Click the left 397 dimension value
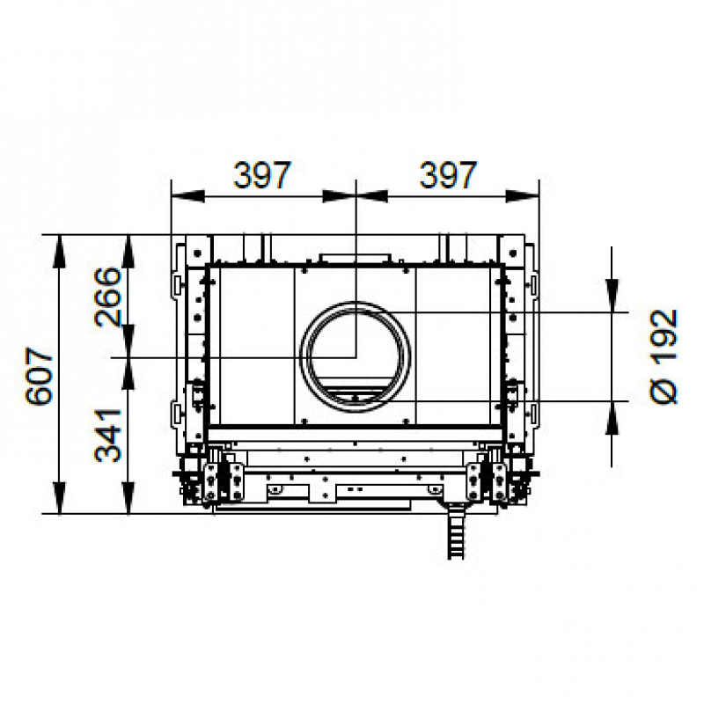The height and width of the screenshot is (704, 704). (262, 175)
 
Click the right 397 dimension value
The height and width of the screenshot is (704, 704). (448, 175)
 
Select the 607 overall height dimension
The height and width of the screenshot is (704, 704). (39, 376)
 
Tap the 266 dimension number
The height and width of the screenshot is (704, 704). (108, 297)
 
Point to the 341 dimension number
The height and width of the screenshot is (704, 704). (108, 435)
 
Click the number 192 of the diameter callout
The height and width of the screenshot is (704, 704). (664, 334)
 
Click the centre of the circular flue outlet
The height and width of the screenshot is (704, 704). (356, 357)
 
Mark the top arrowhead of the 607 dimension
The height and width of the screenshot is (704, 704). (60, 252)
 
